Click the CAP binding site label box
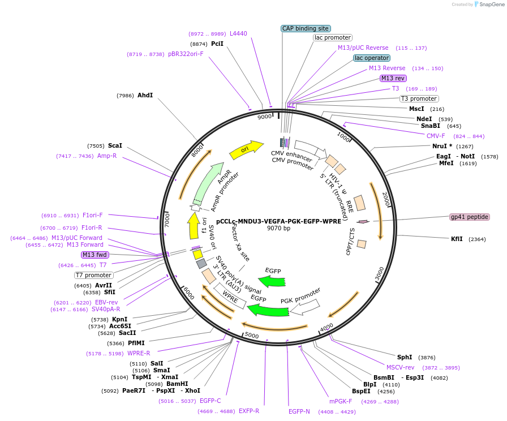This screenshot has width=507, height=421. (x=306, y=28)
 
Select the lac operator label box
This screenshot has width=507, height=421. (x=372, y=58)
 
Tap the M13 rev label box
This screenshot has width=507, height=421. (x=393, y=78)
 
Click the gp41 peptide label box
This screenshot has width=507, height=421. (x=469, y=217)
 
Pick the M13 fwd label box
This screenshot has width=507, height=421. (x=94, y=255)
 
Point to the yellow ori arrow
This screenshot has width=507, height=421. (x=246, y=149)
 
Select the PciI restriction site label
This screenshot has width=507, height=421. (x=217, y=44)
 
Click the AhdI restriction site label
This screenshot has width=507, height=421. (x=145, y=96)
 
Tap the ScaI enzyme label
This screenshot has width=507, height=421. (x=115, y=145)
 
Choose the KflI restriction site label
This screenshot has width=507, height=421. (x=456, y=239)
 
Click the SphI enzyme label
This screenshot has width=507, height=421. (x=405, y=357)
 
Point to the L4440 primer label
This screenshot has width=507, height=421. (x=238, y=33)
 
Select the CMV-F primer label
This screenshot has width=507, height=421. (x=436, y=136)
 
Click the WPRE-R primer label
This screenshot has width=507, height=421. (x=139, y=353)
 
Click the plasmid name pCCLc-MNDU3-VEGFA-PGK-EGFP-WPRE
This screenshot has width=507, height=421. (x=278, y=221)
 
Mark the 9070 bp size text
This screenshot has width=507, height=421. (x=278, y=229)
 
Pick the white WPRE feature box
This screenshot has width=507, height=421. (x=230, y=295)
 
